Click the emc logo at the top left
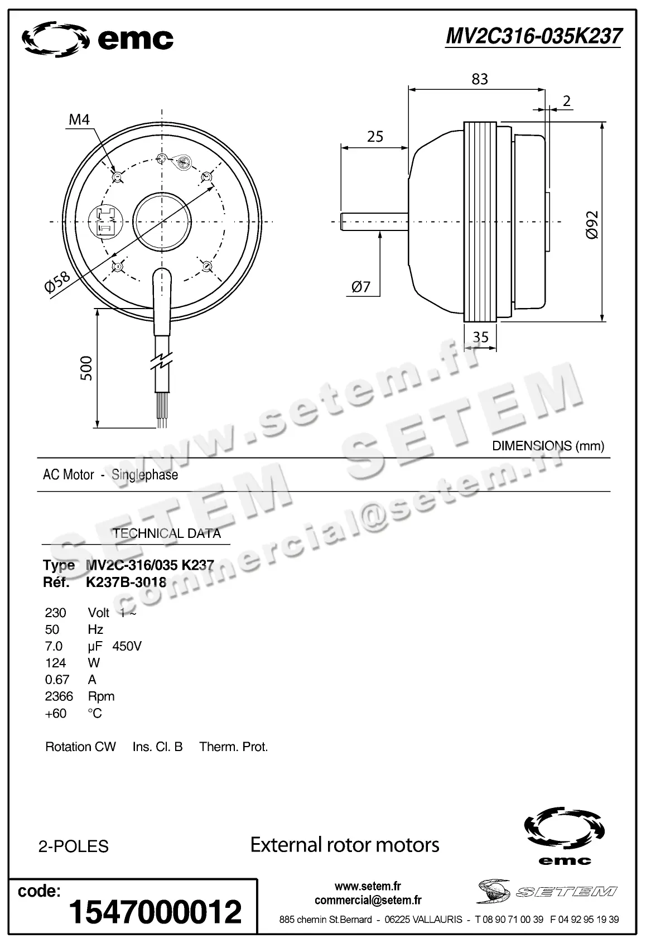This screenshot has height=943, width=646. pyautogui.click(x=98, y=39)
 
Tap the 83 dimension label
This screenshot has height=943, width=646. pyautogui.click(x=479, y=79)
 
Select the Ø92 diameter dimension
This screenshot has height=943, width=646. pyautogui.click(x=592, y=225)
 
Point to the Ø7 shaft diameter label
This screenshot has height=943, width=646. pyautogui.click(x=361, y=287)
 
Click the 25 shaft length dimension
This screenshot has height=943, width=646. pyautogui.click(x=375, y=137)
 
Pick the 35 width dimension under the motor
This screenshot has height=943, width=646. pyautogui.click(x=480, y=336)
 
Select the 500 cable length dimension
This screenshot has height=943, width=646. pyautogui.click(x=86, y=368)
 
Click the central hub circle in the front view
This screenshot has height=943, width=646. pyautogui.click(x=162, y=222)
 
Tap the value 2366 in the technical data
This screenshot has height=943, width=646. pyautogui.click(x=59, y=696)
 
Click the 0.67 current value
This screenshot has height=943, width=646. pyautogui.click(x=57, y=680)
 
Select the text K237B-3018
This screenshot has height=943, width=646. pyautogui.click(x=126, y=583)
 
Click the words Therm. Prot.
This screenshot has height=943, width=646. pyautogui.click(x=234, y=747)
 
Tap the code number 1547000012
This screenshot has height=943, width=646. pyautogui.click(x=155, y=911)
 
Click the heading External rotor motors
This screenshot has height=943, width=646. pyautogui.click(x=345, y=845)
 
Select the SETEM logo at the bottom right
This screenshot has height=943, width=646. pyautogui.click(x=547, y=891)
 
